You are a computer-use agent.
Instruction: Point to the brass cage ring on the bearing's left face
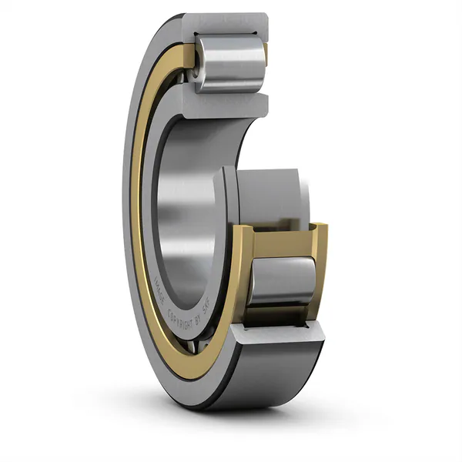click(x=137, y=192)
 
